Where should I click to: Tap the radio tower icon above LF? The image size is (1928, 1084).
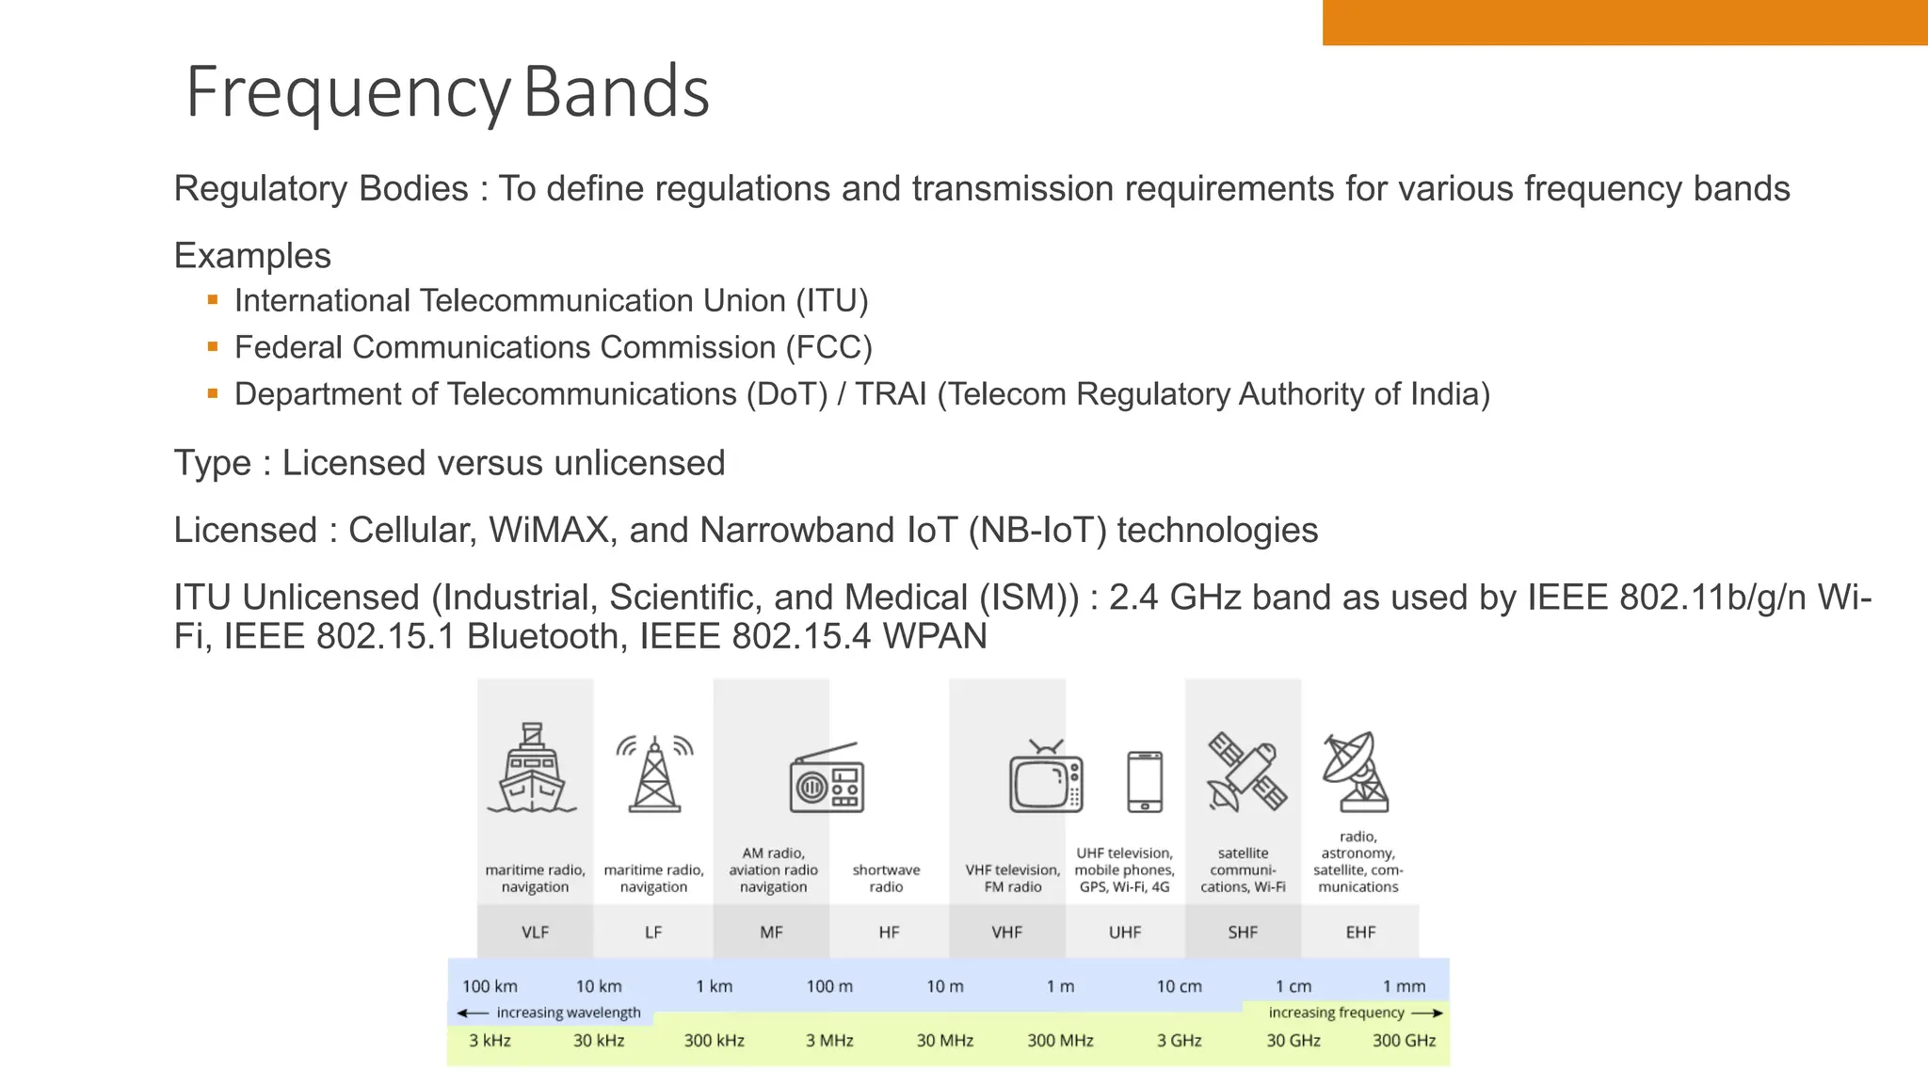pyautogui.click(x=654, y=773)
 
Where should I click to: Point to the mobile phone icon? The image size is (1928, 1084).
pyautogui.click(x=1145, y=781)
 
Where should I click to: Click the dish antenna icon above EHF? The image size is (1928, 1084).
pyautogui.click(x=1356, y=772)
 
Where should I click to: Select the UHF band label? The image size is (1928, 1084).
pyautogui.click(x=1124, y=933)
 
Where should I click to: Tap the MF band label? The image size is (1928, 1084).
pyautogui.click(x=771, y=933)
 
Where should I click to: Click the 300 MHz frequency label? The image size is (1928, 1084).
pyautogui.click(x=1060, y=1041)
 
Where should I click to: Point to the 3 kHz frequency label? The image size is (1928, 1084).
pyautogui.click(x=490, y=1041)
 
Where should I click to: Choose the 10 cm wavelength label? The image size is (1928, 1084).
pyautogui.click(x=1179, y=986)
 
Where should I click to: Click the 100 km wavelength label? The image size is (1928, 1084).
pyautogui.click(x=490, y=986)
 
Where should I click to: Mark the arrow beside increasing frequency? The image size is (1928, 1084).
pyautogui.click(x=1427, y=1013)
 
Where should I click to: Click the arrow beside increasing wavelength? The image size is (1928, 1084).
pyautogui.click(x=473, y=1013)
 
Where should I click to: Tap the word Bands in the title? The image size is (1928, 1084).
pyautogui.click(x=616, y=92)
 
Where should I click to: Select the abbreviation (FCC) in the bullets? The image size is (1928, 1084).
pyautogui.click(x=829, y=347)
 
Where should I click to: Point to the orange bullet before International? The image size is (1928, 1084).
pyautogui.click(x=213, y=300)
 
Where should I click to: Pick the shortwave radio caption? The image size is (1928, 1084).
pyautogui.click(x=886, y=878)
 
